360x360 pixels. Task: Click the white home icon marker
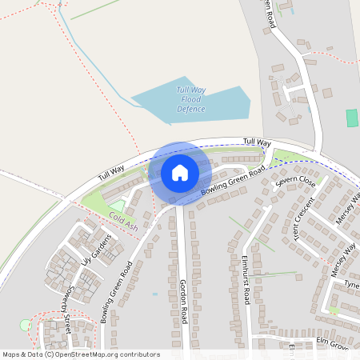coord(180,173)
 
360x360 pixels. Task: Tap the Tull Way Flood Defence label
coord(191,99)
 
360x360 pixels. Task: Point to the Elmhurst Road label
coord(246,279)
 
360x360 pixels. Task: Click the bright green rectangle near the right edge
coord(351,118)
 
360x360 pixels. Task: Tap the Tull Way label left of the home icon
coord(111,170)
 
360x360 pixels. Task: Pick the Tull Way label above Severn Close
coord(258,142)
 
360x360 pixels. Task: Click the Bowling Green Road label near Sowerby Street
coord(117,291)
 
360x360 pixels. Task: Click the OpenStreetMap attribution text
coord(81,354)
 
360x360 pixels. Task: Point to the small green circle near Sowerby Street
coord(25,324)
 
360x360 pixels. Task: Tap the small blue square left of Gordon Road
coord(154,294)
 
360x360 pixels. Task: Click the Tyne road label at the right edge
coord(351,285)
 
